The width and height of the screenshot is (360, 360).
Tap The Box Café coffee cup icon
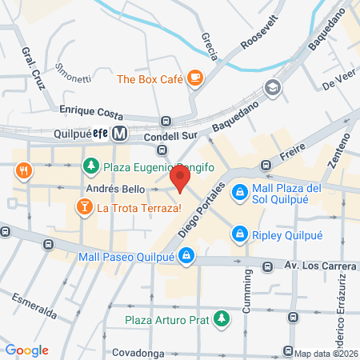[196, 78]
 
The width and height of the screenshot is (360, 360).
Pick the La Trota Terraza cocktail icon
[83, 209]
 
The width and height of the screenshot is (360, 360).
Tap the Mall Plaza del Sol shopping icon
[238, 193]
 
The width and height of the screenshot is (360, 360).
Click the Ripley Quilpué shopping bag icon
[238, 234]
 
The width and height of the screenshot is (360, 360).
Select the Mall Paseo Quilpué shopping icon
[186, 256]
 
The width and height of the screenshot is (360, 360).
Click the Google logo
[26, 350]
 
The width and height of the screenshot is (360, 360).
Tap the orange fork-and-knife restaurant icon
[26, 170]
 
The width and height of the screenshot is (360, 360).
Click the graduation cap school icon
[273, 87]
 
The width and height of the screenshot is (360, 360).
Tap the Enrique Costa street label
[93, 107]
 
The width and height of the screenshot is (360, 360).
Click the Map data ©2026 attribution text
[326, 353]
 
